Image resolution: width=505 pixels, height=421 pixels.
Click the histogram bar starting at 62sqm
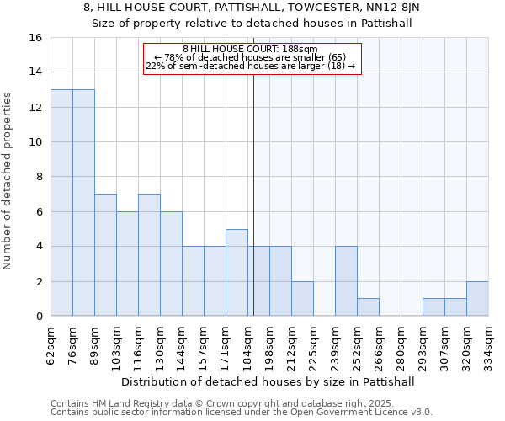pyautogui.click(x=61, y=203)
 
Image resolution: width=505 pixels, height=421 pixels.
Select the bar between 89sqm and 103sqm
pyautogui.click(x=105, y=255)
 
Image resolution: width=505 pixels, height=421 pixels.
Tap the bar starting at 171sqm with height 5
pyautogui.click(x=237, y=273)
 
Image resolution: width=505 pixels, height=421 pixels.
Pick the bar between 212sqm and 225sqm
pyautogui.click(x=302, y=299)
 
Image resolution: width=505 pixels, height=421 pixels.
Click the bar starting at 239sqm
pyautogui.click(x=346, y=281)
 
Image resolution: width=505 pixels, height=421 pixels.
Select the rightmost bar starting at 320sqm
pyautogui.click(x=477, y=299)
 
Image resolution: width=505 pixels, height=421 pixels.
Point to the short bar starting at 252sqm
pyautogui.click(x=368, y=307)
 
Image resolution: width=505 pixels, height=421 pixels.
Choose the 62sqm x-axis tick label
pyautogui.click(x=51, y=343)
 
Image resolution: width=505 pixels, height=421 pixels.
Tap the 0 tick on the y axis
pyautogui.click(x=39, y=317)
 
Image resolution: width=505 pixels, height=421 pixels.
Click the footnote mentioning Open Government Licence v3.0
pyautogui.click(x=241, y=412)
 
